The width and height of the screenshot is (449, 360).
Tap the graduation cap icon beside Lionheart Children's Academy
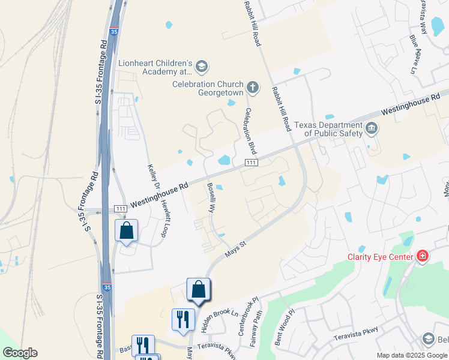[202, 65]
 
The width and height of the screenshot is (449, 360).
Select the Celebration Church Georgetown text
[208, 88]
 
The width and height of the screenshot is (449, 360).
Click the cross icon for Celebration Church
[253, 88]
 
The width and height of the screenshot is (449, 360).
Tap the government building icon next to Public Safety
[372, 128]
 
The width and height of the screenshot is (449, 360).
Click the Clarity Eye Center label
[381, 257]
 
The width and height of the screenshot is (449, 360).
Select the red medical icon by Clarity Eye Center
[423, 256]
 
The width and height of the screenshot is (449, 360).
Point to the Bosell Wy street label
[211, 199]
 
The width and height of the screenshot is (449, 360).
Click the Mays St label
[236, 248]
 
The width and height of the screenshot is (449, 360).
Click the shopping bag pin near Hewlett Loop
[127, 232]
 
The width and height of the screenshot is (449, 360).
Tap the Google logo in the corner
[20, 353]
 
